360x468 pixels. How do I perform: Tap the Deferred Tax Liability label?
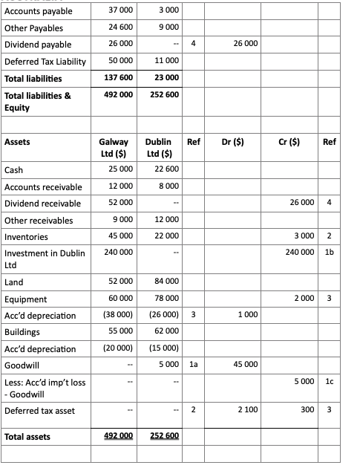45,61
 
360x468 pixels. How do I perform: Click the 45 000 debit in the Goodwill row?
246,365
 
